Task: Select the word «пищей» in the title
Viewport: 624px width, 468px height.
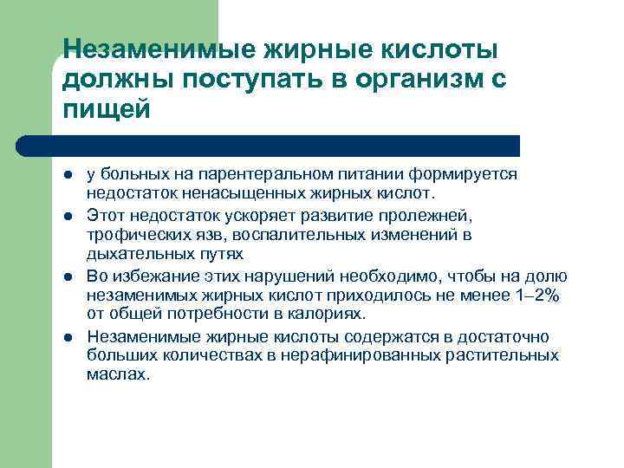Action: coord(107,110)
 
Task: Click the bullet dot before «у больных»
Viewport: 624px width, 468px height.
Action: coord(68,174)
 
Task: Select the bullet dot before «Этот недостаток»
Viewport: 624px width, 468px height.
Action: coord(68,214)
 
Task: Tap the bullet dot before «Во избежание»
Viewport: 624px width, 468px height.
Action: coord(68,276)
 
